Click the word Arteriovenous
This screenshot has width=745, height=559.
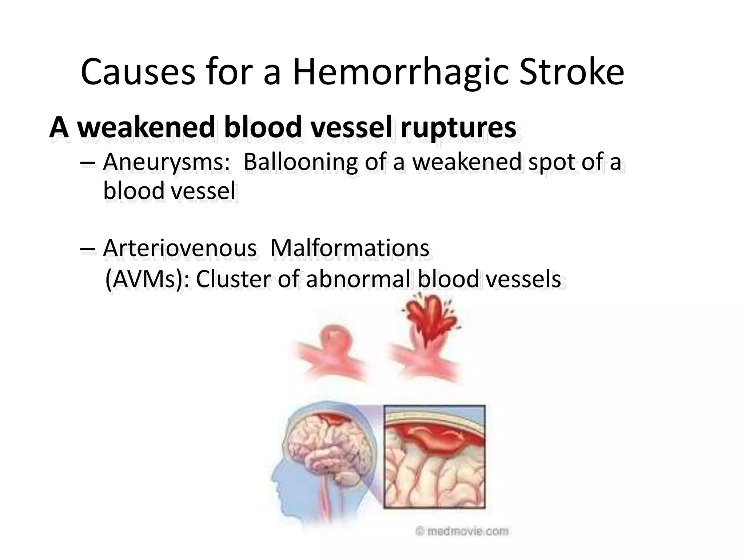click(x=180, y=248)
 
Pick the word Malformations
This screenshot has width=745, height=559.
click(x=350, y=248)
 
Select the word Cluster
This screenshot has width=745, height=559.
click(x=233, y=279)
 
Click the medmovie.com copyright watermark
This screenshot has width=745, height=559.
click(x=462, y=531)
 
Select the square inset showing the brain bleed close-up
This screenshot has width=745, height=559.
click(x=434, y=457)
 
